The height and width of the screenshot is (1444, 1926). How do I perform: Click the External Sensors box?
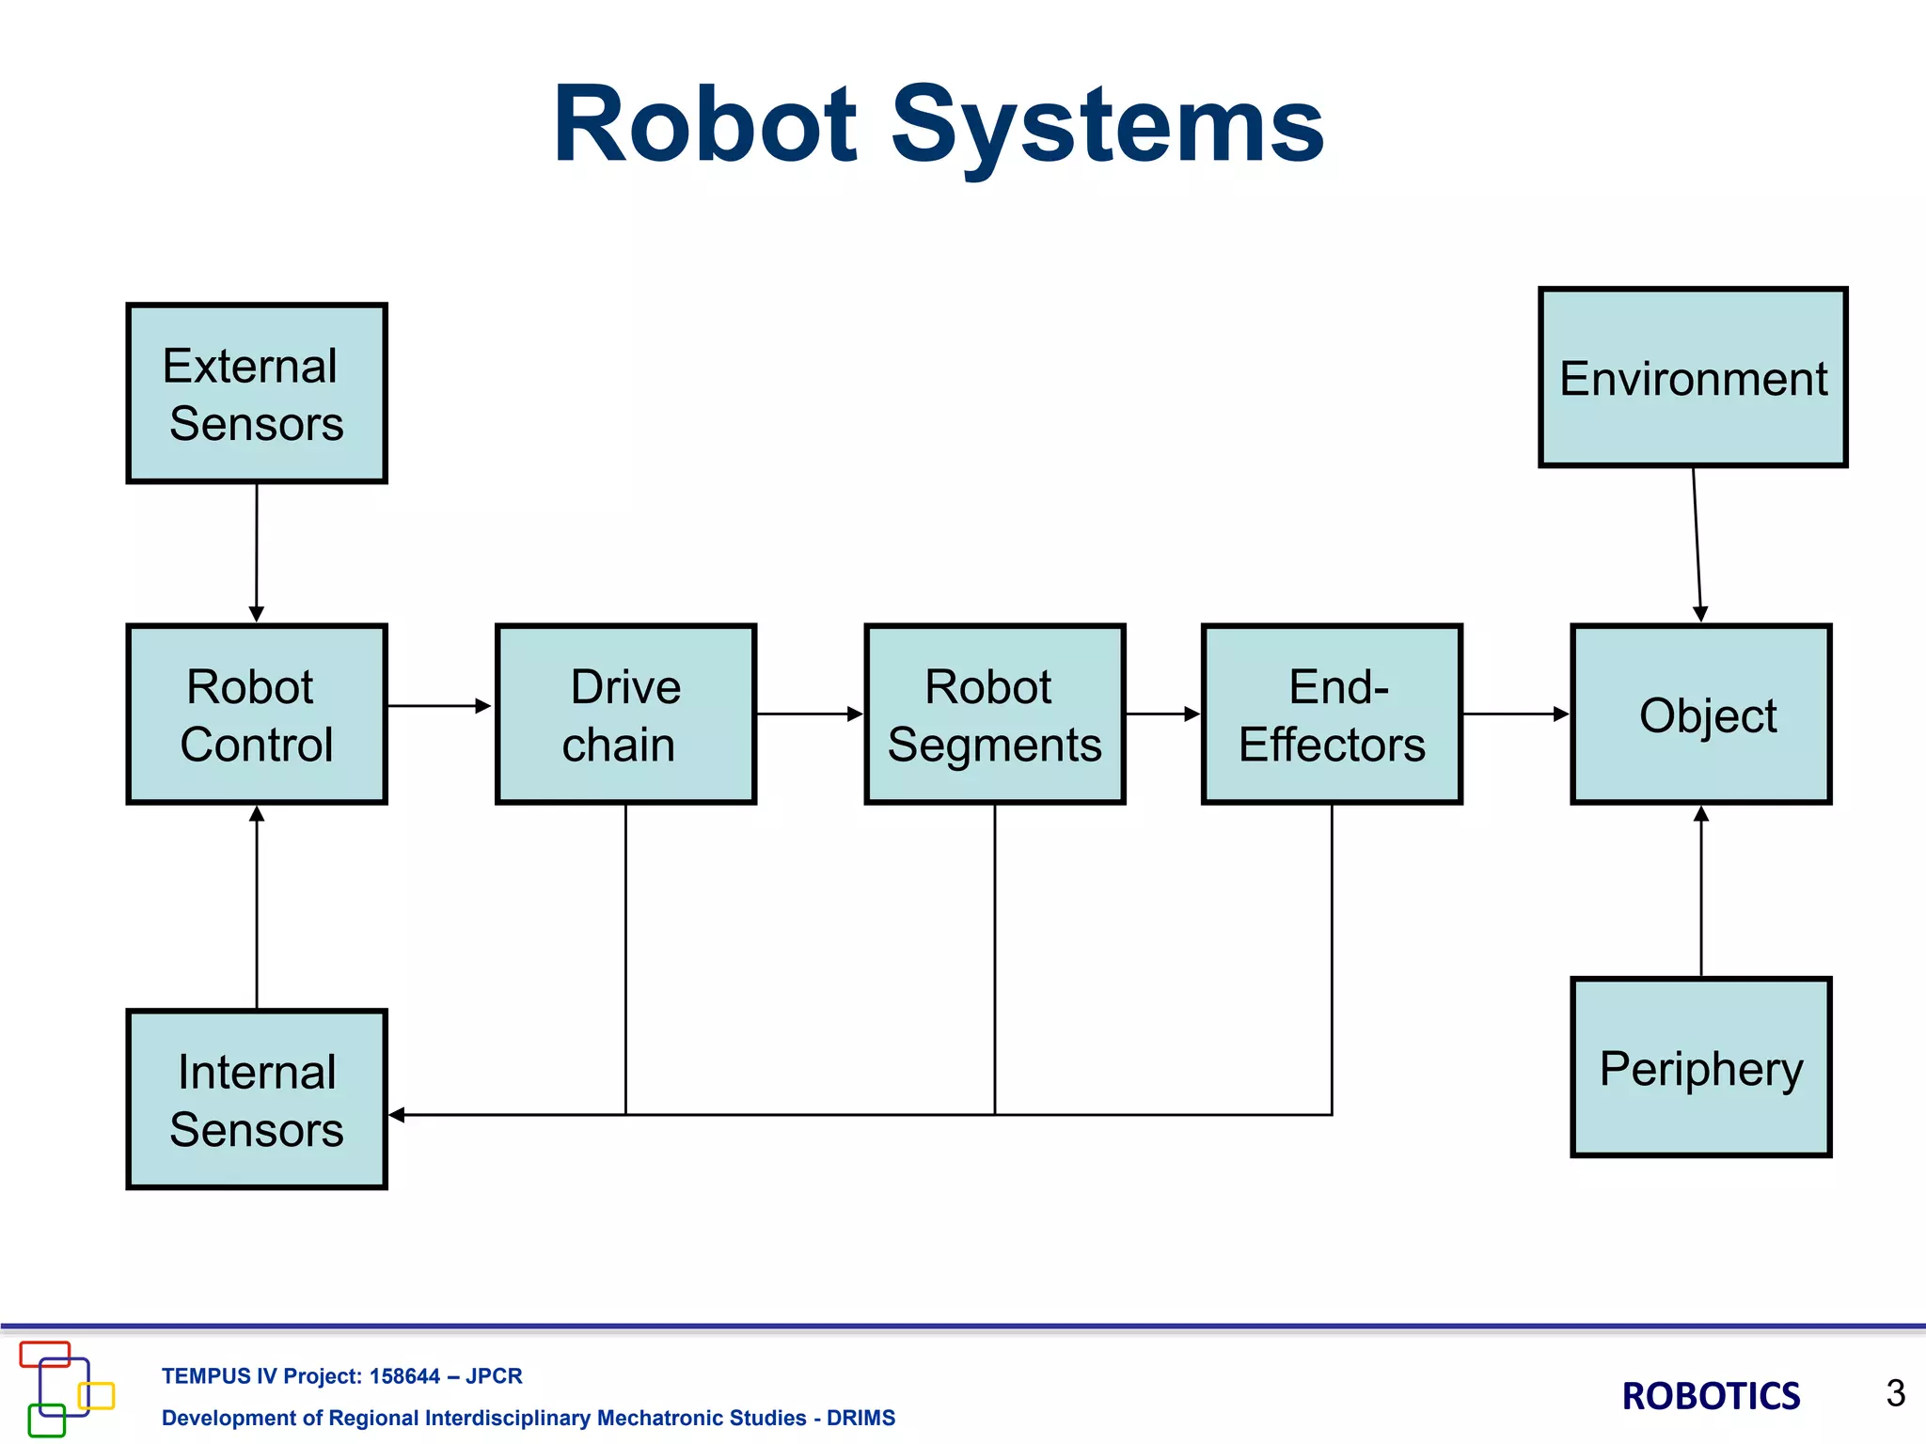pos(257,394)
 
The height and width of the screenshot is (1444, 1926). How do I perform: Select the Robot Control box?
pos(257,714)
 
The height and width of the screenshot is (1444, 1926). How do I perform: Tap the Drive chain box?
pos(625,714)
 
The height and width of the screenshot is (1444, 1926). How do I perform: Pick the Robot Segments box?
pos(994,714)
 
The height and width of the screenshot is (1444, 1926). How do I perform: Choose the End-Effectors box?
pos(1332,714)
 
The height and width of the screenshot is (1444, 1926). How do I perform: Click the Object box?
pos(1700,714)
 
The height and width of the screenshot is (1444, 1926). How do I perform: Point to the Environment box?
pos(1693,378)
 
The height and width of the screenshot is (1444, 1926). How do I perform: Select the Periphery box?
pos(1700,1067)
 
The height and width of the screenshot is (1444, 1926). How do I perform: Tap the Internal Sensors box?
pos(257,1099)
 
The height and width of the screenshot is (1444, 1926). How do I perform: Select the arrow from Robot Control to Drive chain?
pos(438,705)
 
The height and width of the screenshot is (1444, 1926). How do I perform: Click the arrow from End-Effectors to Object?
pos(1515,714)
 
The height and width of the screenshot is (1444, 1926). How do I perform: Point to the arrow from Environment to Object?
pos(1697,545)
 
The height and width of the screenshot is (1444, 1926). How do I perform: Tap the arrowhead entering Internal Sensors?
pos(398,1115)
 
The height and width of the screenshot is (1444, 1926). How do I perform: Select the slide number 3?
pos(1895,1393)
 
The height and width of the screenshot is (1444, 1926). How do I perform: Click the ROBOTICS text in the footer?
pos(1711,1396)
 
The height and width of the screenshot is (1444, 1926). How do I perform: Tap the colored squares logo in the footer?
pos(66,1389)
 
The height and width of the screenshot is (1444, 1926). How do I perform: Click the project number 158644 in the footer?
pos(404,1376)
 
